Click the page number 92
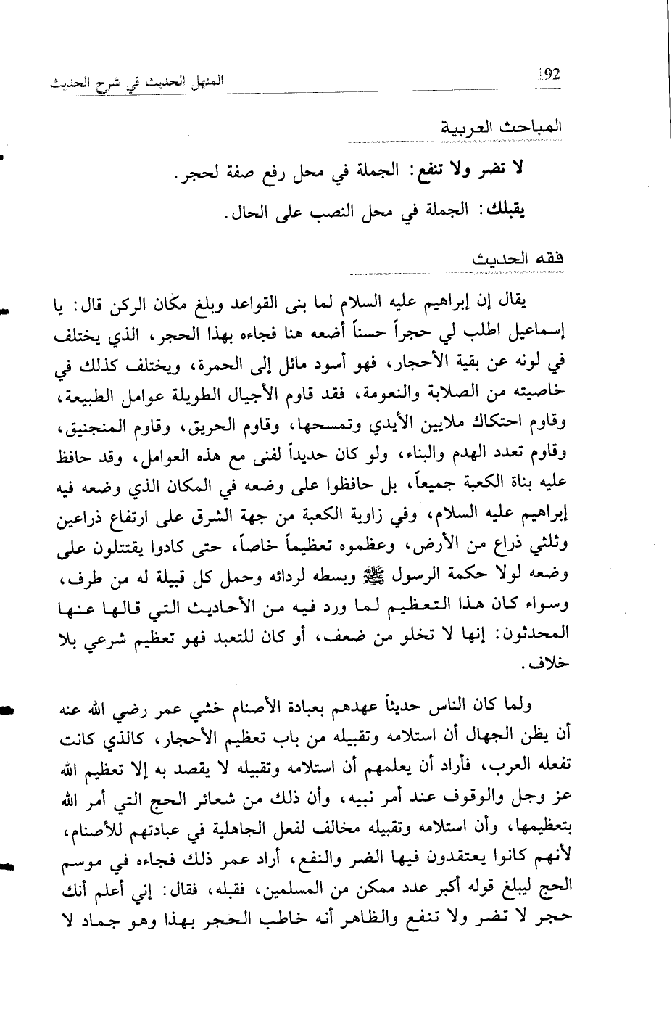pos(549,75)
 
